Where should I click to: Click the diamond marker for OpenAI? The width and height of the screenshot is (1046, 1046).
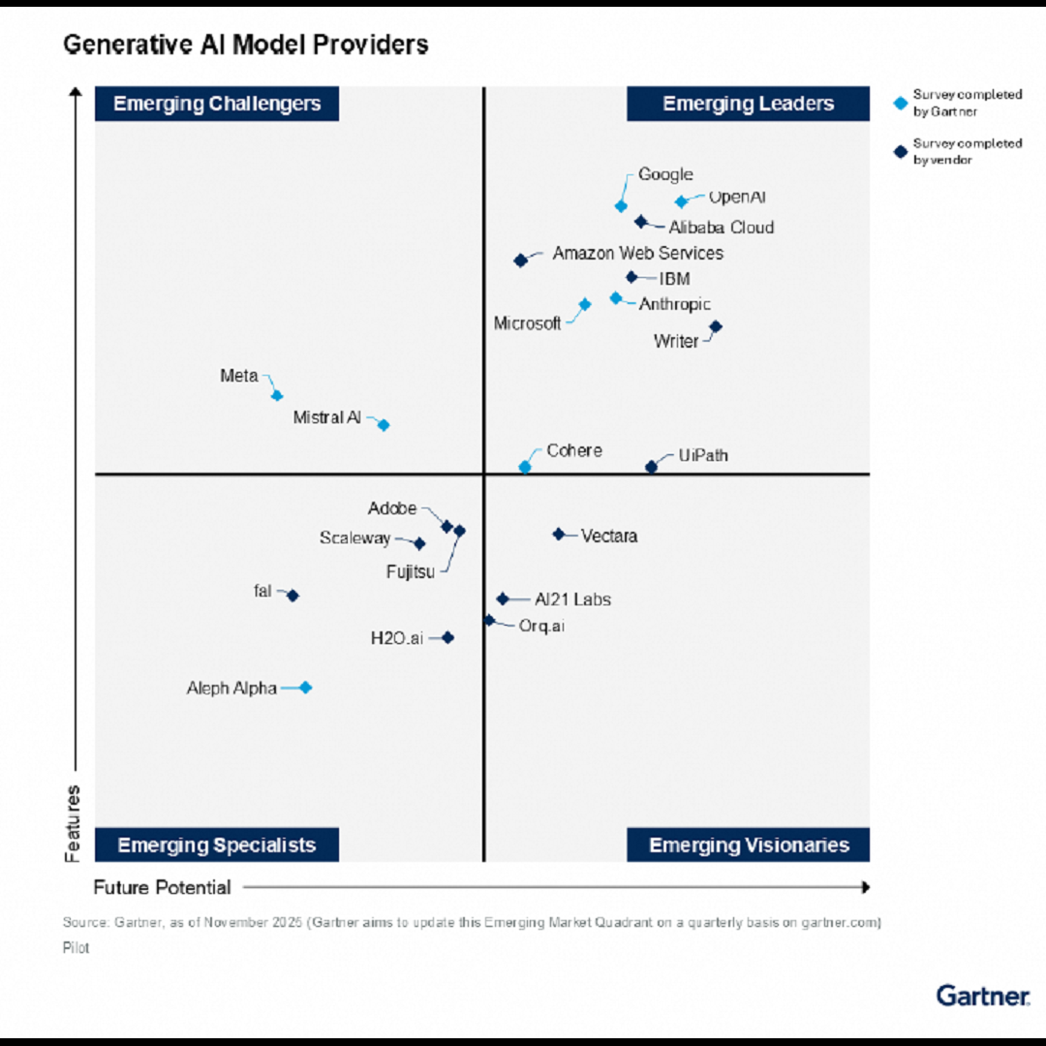pyautogui.click(x=681, y=201)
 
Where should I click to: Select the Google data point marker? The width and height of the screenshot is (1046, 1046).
pyautogui.click(x=621, y=205)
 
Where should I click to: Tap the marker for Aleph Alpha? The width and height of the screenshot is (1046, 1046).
pyautogui.click(x=305, y=688)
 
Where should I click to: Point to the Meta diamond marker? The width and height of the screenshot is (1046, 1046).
pyautogui.click(x=277, y=395)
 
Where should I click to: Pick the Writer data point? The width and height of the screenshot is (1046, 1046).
pyautogui.click(x=716, y=327)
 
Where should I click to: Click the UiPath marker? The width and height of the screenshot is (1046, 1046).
pyautogui.click(x=651, y=467)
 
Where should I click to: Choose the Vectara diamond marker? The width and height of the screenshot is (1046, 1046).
pyautogui.click(x=559, y=534)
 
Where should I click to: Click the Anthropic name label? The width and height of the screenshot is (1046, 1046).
pyautogui.click(x=675, y=304)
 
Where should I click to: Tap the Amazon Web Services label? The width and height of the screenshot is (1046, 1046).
pyautogui.click(x=637, y=253)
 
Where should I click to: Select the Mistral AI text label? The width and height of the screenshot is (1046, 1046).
pyautogui.click(x=327, y=417)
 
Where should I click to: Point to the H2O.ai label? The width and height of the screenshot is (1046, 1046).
pyautogui.click(x=397, y=638)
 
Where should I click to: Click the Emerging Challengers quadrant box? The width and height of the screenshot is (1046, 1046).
pyautogui.click(x=217, y=104)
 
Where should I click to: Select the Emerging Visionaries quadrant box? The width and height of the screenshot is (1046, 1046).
pyautogui.click(x=749, y=845)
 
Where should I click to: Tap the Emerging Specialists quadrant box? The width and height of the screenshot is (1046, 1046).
pyautogui.click(x=217, y=845)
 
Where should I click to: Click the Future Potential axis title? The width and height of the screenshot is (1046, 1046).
pyautogui.click(x=162, y=887)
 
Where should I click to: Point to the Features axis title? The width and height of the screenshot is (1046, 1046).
pyautogui.click(x=74, y=823)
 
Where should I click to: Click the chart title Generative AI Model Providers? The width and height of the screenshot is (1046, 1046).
pyautogui.click(x=246, y=45)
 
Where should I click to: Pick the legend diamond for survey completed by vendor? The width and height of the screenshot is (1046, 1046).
pyautogui.click(x=901, y=152)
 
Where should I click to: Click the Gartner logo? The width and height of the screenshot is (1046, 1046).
pyautogui.click(x=982, y=995)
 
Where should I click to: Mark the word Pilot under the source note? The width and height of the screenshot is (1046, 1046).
pyautogui.click(x=77, y=947)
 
